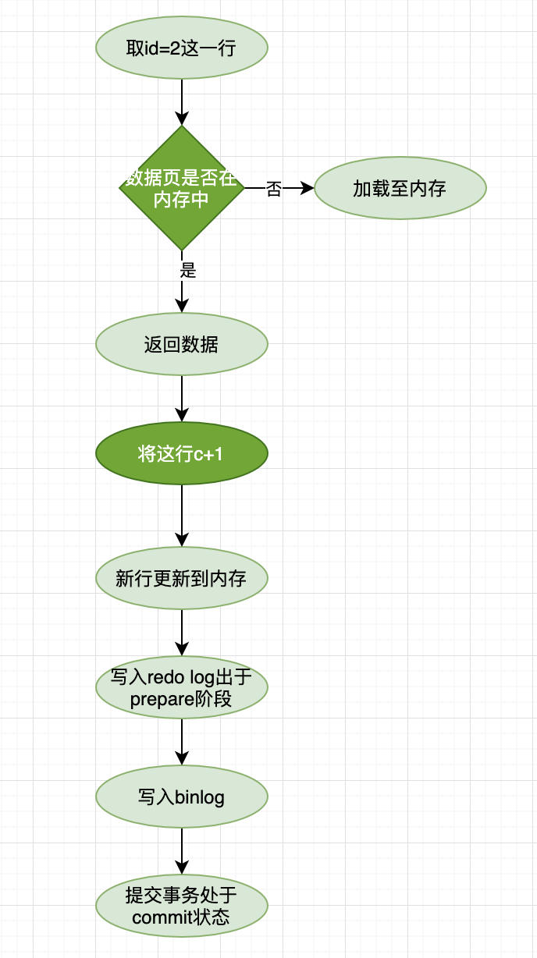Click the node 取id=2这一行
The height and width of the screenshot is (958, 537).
[x=182, y=48]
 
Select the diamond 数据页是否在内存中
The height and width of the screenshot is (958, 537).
[x=182, y=188]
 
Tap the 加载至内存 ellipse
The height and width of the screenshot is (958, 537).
[x=400, y=188]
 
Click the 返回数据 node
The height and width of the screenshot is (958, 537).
[x=182, y=344]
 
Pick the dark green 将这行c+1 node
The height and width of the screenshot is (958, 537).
[x=182, y=453]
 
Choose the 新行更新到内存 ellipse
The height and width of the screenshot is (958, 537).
[x=182, y=578]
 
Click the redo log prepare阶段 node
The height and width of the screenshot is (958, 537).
[x=182, y=687]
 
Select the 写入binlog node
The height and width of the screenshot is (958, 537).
[x=182, y=797]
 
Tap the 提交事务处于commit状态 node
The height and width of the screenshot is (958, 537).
[x=182, y=906]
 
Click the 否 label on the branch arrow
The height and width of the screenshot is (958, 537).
[x=273, y=189]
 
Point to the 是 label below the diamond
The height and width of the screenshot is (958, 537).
[x=188, y=271]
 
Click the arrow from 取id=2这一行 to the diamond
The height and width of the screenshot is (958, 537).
[x=182, y=101]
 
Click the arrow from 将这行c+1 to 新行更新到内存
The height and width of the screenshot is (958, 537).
[x=182, y=515]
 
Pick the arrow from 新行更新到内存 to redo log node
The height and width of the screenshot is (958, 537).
[x=182, y=632]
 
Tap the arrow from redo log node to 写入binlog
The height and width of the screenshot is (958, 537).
[x=182, y=741]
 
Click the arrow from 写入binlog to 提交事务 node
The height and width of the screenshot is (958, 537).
[x=182, y=850]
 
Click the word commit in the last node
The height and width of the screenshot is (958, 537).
[x=161, y=917]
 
